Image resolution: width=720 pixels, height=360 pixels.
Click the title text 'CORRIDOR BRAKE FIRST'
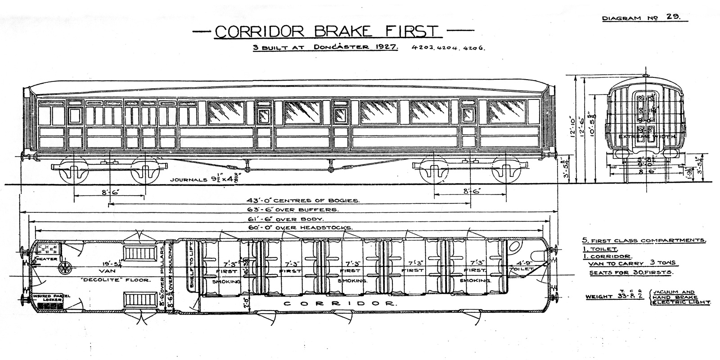[326, 31]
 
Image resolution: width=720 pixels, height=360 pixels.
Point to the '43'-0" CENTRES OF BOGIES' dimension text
[303, 200]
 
